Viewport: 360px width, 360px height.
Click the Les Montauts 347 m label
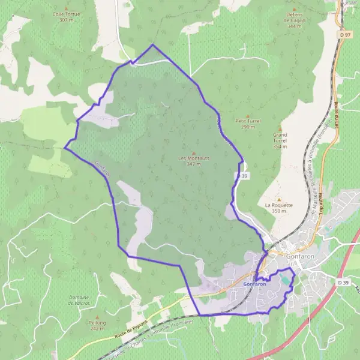193,160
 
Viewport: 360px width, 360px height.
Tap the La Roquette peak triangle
278,199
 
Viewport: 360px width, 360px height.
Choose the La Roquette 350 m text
278,208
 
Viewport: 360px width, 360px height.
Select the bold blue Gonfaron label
256,283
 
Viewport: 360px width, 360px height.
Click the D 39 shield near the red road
343,282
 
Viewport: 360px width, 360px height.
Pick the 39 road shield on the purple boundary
242,175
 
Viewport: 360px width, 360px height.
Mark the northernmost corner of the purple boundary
152,44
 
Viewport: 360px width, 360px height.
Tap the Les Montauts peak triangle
193,152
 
